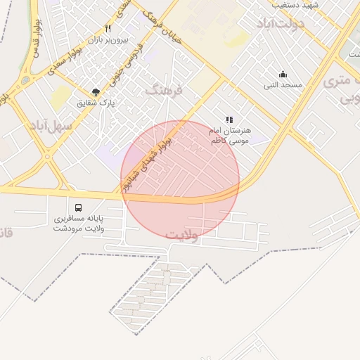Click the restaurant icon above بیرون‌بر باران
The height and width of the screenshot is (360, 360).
pos(108,29)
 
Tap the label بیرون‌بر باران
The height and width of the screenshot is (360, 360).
pos(108,41)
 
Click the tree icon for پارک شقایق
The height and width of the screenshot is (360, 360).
pos(96,91)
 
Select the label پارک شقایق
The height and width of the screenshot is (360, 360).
pos(97,103)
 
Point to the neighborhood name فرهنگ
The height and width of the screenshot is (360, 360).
pos(164,90)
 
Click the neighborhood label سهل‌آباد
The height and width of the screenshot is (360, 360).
pos(51,125)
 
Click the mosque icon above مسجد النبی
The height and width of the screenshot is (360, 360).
pos(283,74)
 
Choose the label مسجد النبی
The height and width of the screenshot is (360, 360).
pos(283,85)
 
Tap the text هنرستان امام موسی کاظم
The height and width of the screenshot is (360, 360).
pos(230,136)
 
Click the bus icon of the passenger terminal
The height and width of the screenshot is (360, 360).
pos(78,207)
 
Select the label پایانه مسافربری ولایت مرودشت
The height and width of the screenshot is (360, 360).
pos(79,224)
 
